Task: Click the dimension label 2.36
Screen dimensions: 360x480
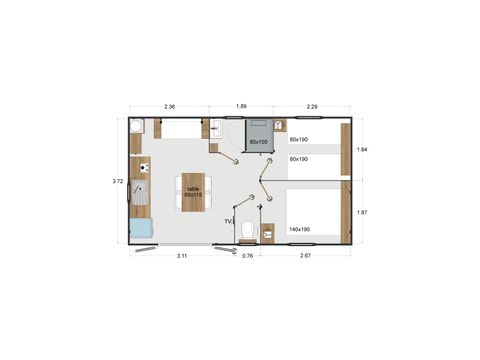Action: tap(170, 106)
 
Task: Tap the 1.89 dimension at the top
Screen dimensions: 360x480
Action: tap(241, 106)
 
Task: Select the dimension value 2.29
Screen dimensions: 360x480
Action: tap(311, 106)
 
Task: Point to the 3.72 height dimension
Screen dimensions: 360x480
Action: tap(117, 181)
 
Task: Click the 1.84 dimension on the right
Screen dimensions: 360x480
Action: tap(362, 149)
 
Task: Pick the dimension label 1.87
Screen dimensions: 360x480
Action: tap(362, 212)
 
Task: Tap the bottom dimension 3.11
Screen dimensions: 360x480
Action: tap(183, 257)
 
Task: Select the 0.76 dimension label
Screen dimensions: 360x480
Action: tap(247, 257)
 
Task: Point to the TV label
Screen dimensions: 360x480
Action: tap(228, 221)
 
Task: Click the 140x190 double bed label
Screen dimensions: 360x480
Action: tap(299, 230)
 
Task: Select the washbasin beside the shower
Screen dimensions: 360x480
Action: tap(217, 127)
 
